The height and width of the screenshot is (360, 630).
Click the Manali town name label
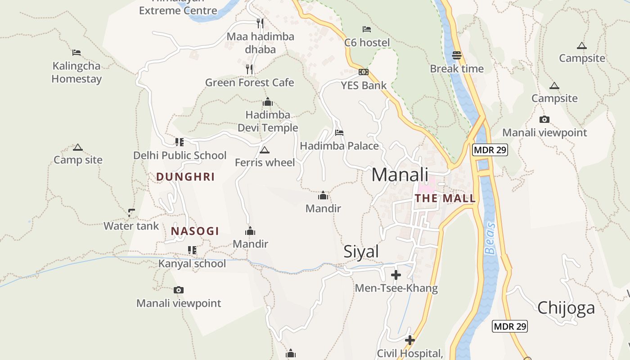400,175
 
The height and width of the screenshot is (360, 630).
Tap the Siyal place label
361,252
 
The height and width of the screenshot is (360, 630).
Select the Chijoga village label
566,308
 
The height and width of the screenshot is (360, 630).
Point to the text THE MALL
445,198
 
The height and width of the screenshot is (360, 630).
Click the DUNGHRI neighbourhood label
185,177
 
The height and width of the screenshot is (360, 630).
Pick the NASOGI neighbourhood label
195,231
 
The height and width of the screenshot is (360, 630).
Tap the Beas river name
490,238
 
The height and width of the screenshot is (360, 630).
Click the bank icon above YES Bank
363,72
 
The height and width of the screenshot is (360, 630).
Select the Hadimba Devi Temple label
268,121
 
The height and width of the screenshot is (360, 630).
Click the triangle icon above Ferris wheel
265,150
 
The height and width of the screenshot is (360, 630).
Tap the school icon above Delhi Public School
180,142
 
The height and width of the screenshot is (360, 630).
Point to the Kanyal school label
192,263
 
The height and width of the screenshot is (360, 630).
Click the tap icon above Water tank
131,212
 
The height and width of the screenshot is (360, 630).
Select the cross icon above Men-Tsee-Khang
396,275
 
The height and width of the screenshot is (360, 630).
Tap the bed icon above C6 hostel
367,29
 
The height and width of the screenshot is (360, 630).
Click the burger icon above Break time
457,55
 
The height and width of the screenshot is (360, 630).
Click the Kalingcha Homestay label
76,72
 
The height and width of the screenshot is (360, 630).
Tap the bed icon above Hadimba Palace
339,133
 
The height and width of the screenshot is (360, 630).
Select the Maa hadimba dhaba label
261,43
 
